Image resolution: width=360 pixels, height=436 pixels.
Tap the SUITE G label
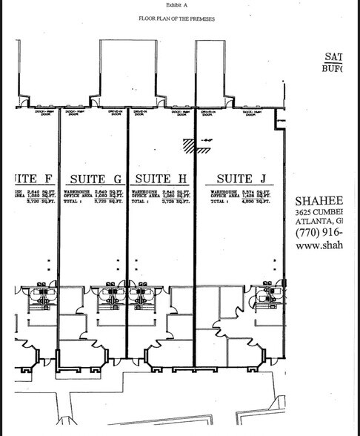pyautogui.click(x=96, y=179)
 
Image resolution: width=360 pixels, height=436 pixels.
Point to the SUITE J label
pyautogui.click(x=236, y=179)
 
